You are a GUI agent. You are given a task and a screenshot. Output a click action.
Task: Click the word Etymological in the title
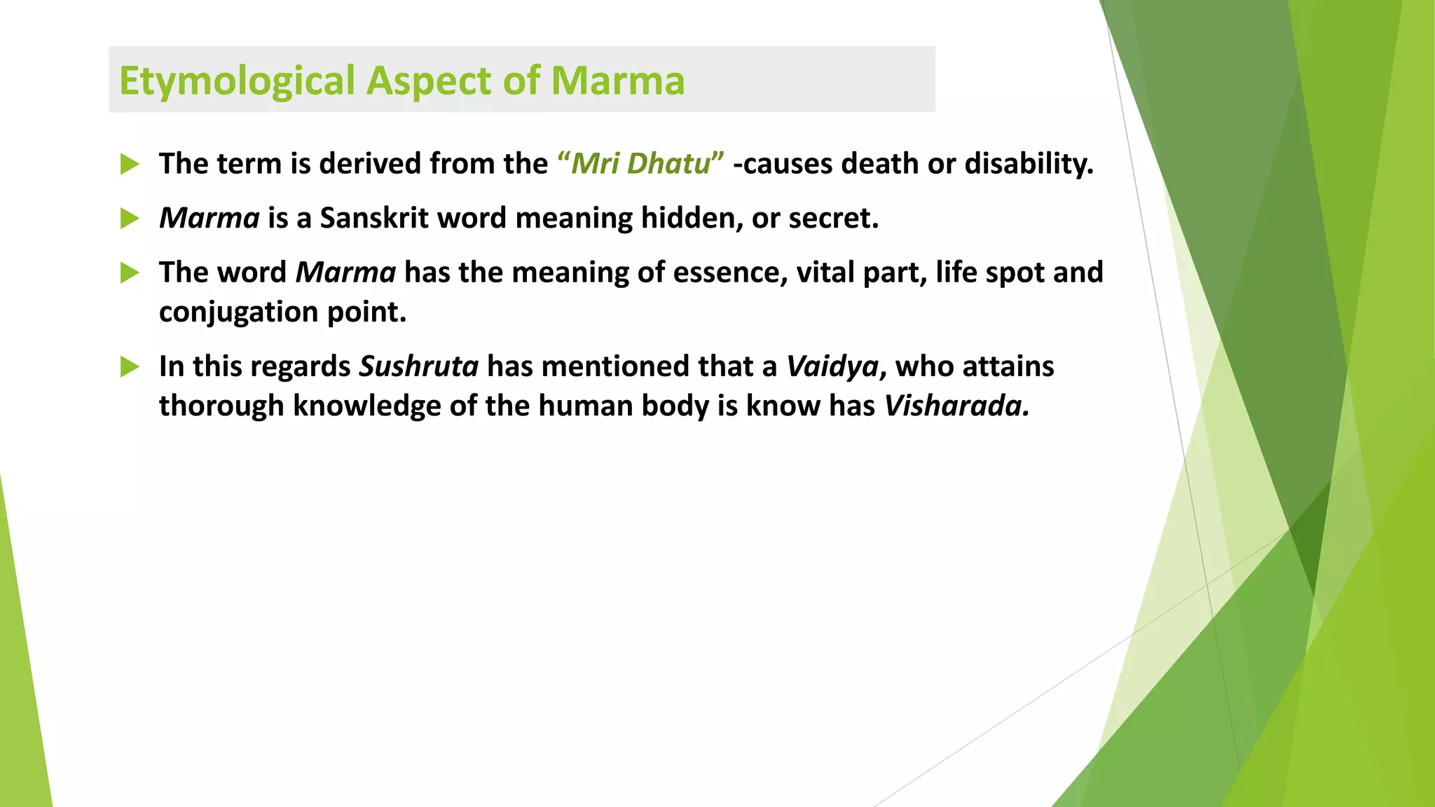pyautogui.click(x=237, y=81)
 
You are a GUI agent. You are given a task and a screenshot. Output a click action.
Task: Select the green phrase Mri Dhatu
pyautogui.click(x=640, y=164)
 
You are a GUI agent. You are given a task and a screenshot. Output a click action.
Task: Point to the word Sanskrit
pyautogui.click(x=374, y=219)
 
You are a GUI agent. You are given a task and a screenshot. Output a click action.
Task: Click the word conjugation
pyautogui.click(x=239, y=312)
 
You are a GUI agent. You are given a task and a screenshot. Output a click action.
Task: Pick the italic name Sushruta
pyautogui.click(x=418, y=367)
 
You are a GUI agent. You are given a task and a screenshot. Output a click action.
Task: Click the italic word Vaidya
pyautogui.click(x=832, y=367)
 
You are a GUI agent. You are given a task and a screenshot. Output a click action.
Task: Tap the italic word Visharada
pyautogui.click(x=956, y=406)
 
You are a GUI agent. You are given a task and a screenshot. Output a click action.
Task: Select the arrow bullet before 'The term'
pyautogui.click(x=130, y=165)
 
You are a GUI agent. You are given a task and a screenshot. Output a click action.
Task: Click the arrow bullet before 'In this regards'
pyautogui.click(x=130, y=367)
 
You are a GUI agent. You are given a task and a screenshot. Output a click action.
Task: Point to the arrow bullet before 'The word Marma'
pyautogui.click(x=130, y=273)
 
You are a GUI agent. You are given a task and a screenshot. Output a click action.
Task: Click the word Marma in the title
pyautogui.click(x=617, y=81)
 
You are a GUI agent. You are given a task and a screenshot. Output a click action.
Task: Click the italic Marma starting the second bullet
pyautogui.click(x=209, y=219)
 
